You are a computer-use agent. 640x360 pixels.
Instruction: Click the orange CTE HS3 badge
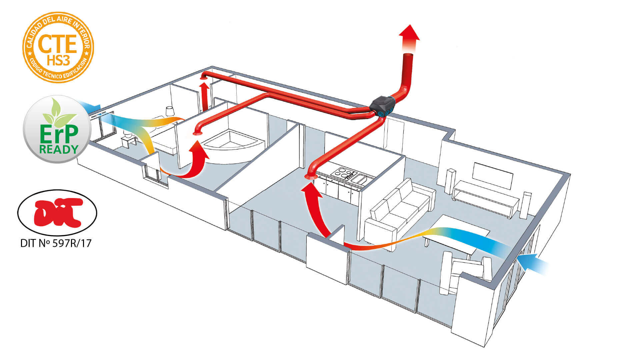coord(58,47)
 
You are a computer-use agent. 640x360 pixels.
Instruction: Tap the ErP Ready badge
coord(57,130)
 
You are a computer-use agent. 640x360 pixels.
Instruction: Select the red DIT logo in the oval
coord(57,212)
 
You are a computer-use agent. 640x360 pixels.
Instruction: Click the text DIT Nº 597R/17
coord(56,243)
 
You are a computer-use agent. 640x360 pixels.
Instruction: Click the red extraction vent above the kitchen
coord(311,176)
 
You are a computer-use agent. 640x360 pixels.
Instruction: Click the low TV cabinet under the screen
coord(485,198)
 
